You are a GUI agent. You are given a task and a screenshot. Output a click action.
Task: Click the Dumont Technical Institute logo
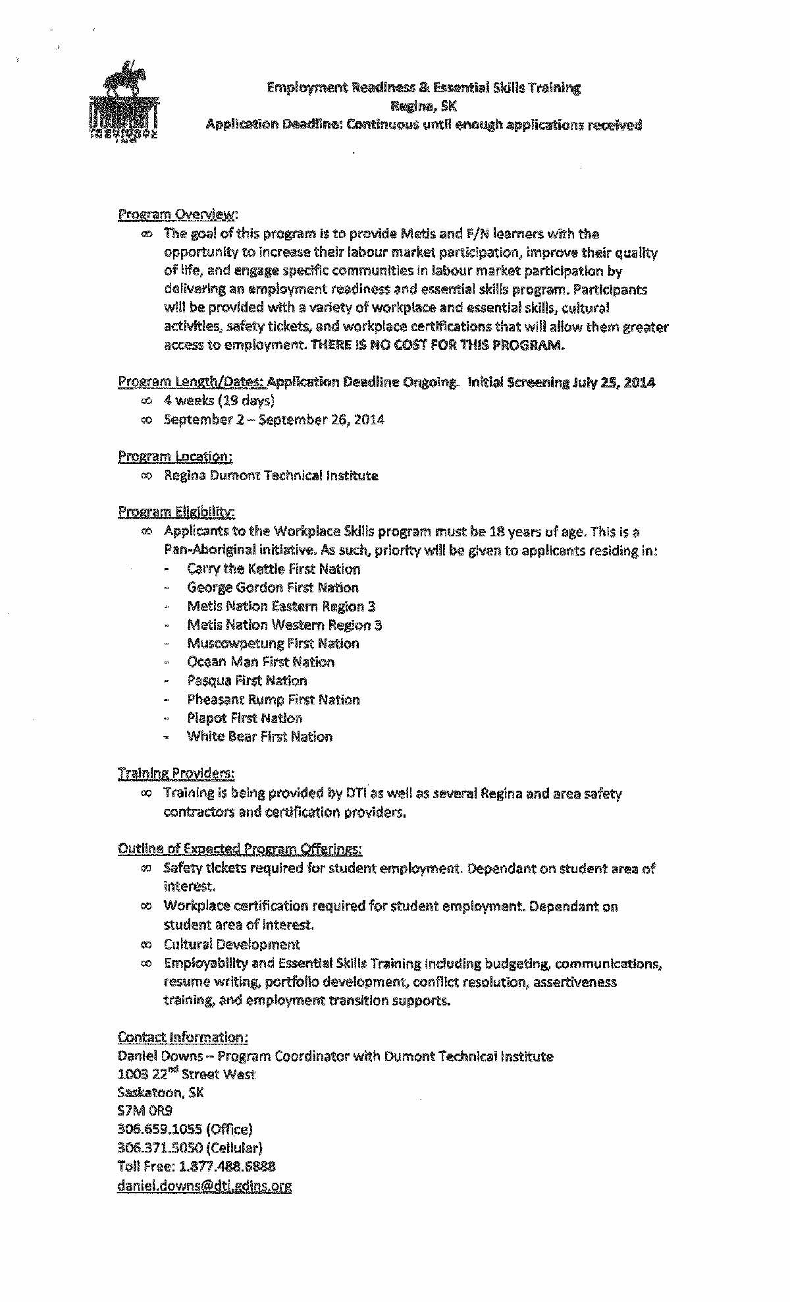[x=124, y=102]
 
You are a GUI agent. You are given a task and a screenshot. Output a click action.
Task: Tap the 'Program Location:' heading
[x=175, y=456]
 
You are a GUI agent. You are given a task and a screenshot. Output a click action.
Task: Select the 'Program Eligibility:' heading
[x=176, y=512]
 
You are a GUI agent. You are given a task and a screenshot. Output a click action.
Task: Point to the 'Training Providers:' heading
[x=176, y=773]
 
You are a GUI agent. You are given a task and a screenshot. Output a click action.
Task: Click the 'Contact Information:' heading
[x=182, y=1037]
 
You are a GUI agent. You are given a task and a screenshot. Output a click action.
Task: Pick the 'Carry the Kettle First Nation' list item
[x=273, y=569]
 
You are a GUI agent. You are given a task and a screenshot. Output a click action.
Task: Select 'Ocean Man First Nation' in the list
[x=261, y=662]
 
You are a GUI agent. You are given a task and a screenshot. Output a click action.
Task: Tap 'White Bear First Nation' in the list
[x=259, y=737]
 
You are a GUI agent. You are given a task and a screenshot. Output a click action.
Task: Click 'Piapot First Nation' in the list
[x=244, y=718]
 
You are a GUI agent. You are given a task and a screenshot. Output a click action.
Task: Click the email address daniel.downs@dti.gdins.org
[x=204, y=1185]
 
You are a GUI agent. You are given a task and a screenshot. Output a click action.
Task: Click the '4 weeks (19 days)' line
[x=219, y=401]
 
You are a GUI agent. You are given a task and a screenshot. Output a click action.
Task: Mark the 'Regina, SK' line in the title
[x=423, y=106]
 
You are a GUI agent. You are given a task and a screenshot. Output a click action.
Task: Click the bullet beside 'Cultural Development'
[x=146, y=944]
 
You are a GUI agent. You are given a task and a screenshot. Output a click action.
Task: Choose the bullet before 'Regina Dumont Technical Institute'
[x=146, y=476]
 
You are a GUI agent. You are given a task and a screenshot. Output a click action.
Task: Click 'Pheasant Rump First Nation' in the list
[x=273, y=699]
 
